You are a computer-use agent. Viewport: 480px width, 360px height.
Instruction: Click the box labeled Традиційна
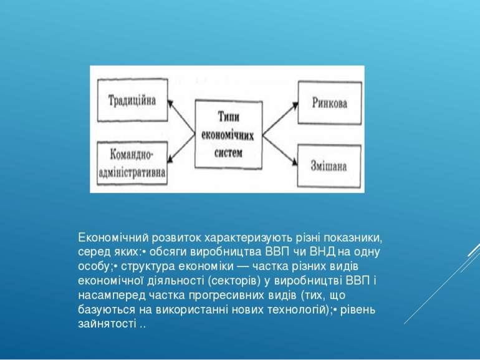pyautogui.click(x=132, y=100)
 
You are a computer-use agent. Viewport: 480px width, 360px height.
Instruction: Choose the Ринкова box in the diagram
pyautogui.click(x=329, y=103)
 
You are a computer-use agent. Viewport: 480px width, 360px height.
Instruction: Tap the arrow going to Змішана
pyautogui.click(x=279, y=148)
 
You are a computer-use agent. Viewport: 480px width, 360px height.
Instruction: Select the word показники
pyautogui.click(x=353, y=238)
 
